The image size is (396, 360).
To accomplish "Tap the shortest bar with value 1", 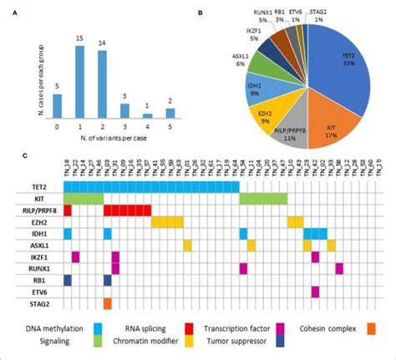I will click(148, 115).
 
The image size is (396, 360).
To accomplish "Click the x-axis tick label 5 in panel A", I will click(170, 127).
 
